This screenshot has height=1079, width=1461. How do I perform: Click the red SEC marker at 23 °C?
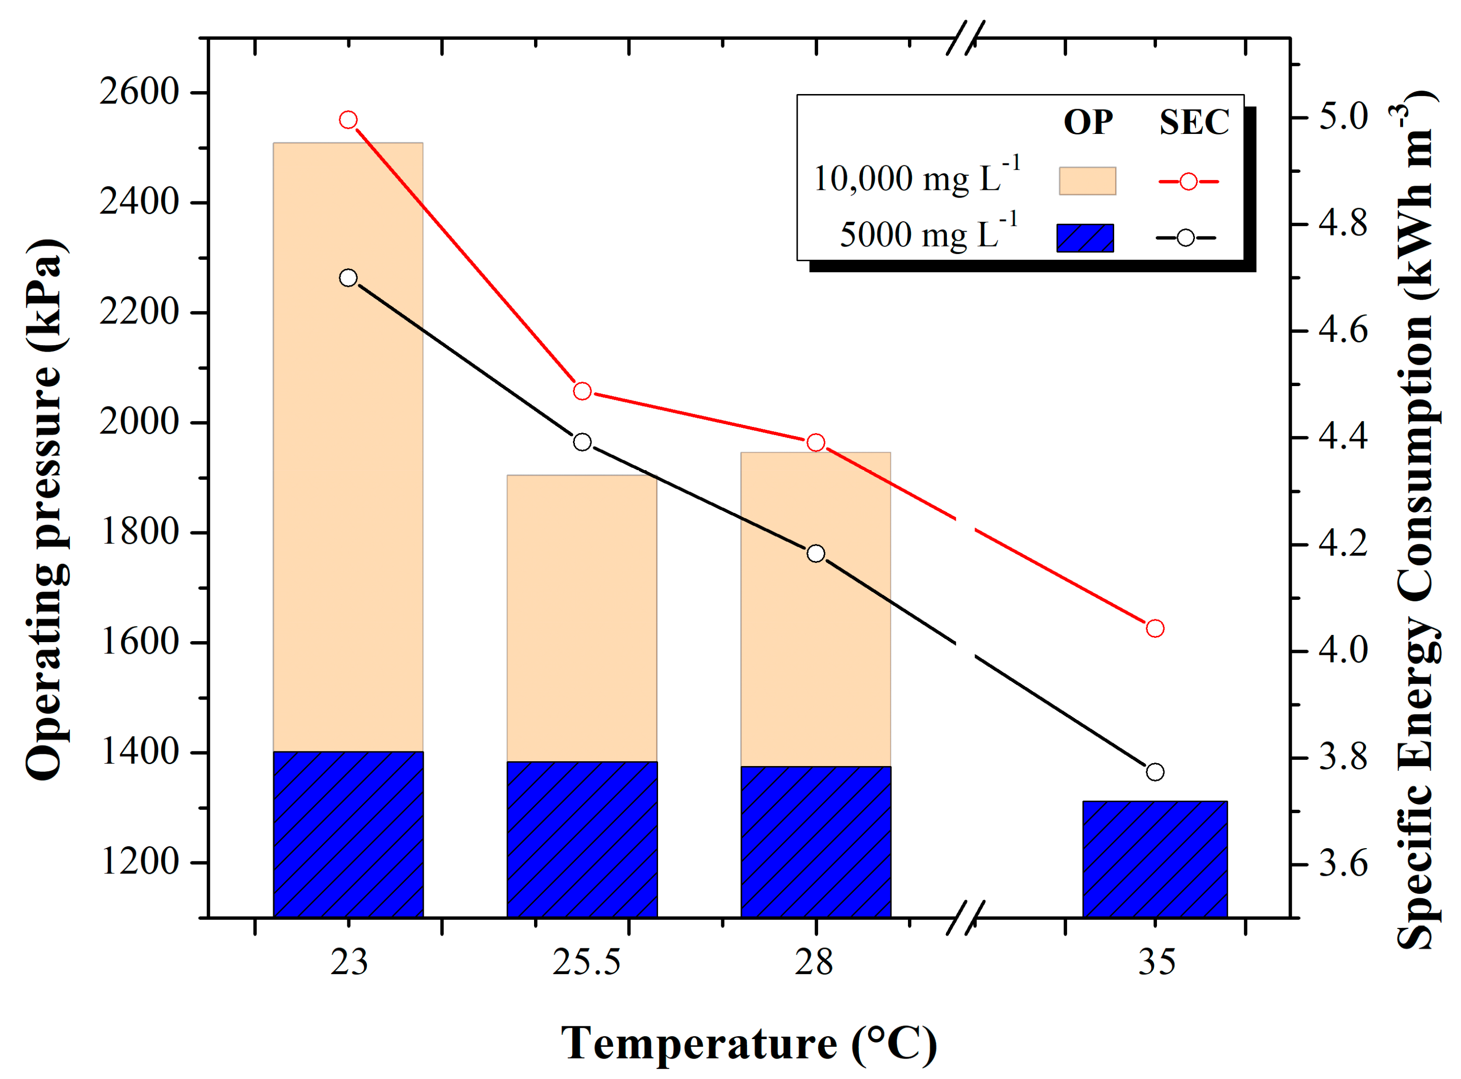pos(348,120)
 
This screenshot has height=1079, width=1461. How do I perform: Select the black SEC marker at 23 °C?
pos(348,278)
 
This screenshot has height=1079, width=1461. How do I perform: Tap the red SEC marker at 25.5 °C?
pos(582,391)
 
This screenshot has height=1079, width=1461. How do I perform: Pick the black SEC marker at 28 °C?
pos(815,553)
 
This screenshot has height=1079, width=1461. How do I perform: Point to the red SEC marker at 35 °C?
pos(1155,628)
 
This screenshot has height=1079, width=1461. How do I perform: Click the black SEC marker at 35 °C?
pos(1155,772)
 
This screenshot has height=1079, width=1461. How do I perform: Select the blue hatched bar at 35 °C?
pos(1155,859)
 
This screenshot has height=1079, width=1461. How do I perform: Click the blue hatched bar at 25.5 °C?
pos(582,839)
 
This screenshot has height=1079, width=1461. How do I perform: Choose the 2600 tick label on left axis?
pos(139,92)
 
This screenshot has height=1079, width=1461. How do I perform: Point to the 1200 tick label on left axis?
pos(139,862)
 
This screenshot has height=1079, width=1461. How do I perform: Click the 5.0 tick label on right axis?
pos(1343,118)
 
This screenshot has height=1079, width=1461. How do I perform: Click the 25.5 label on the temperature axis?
pos(586,962)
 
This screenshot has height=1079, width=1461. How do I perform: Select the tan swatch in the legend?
pos(1087,181)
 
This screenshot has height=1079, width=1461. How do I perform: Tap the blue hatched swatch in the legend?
pos(1085,238)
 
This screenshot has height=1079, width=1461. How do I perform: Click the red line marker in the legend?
pos(1189,181)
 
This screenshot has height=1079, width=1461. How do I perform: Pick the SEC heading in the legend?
pos(1194,122)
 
